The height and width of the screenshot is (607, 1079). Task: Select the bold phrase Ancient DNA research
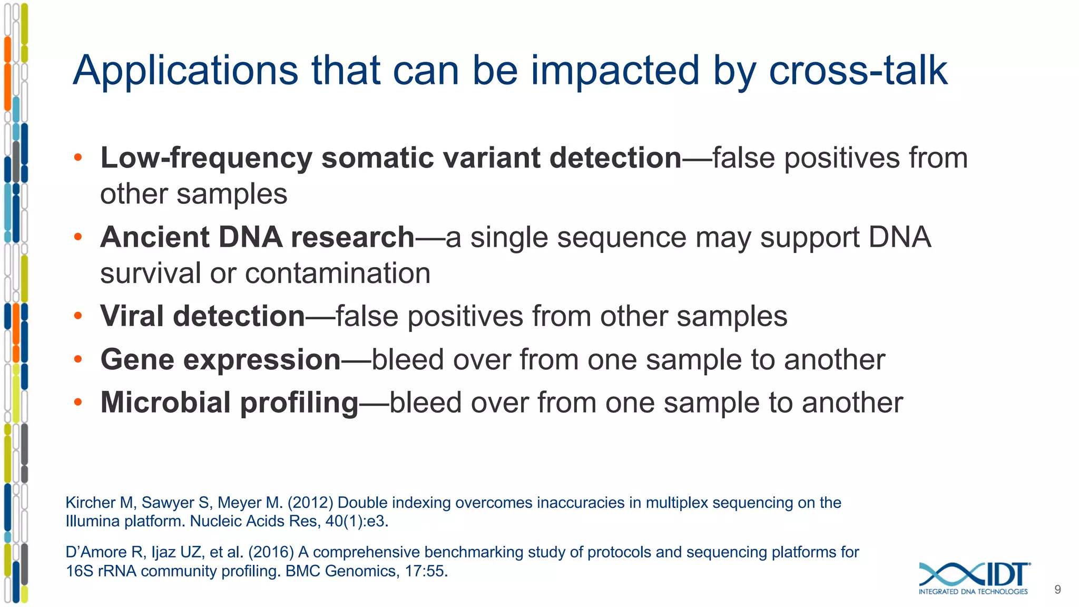pyautogui.click(x=257, y=237)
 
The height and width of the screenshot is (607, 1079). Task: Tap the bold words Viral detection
pyautogui.click(x=202, y=316)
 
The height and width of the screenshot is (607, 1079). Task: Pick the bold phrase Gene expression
pyautogui.click(x=220, y=360)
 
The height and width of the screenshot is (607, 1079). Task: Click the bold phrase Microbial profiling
pyautogui.click(x=229, y=403)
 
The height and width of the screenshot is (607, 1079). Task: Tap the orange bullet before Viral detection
pyautogui.click(x=78, y=316)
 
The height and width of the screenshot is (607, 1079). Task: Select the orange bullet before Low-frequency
pyautogui.click(x=78, y=158)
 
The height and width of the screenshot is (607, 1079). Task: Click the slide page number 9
pyautogui.click(x=1057, y=590)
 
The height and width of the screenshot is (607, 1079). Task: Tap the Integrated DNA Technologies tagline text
pyautogui.click(x=973, y=592)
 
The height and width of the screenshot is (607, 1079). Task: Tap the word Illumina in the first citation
pyautogui.click(x=93, y=522)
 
